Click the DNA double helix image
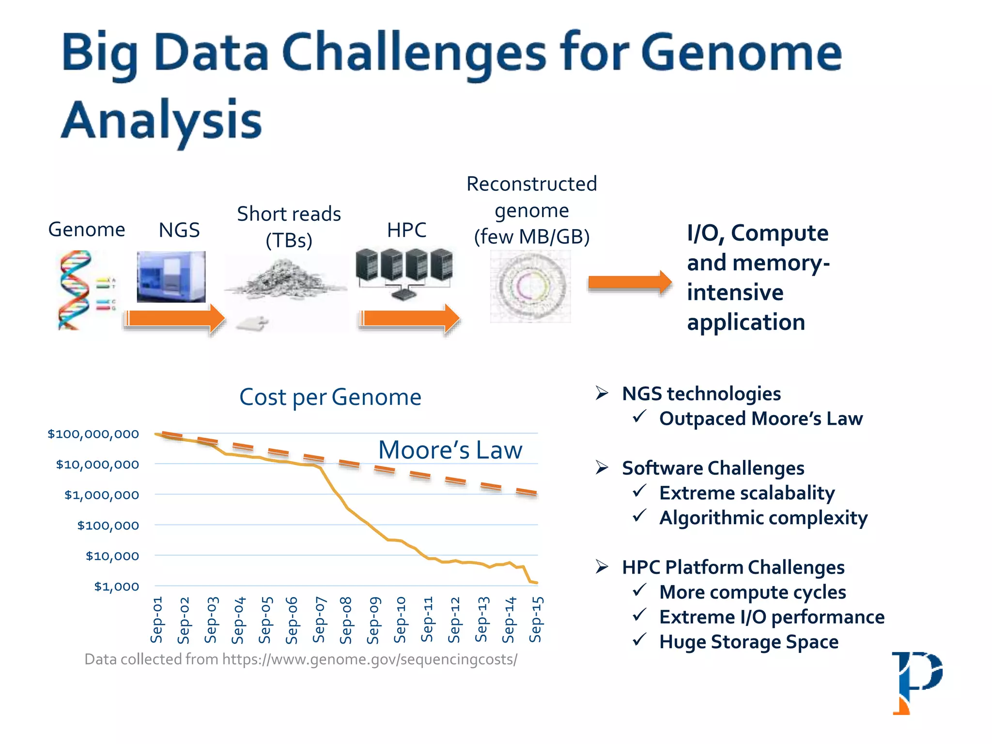coord(75,290)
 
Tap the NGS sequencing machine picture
coord(171,276)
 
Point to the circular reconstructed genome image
coord(530,286)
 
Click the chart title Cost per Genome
coord(330,397)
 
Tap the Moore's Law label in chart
coord(450,450)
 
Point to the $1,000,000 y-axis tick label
coord(102,495)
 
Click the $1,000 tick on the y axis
coord(116,587)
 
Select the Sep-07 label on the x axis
coord(319,620)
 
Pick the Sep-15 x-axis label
coord(536,620)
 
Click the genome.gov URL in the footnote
coord(370,659)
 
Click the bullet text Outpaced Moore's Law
coord(760,418)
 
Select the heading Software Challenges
coord(713,468)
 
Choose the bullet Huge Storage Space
coord(748,642)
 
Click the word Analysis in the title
coord(162,120)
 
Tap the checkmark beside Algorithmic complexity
coord(639,516)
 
